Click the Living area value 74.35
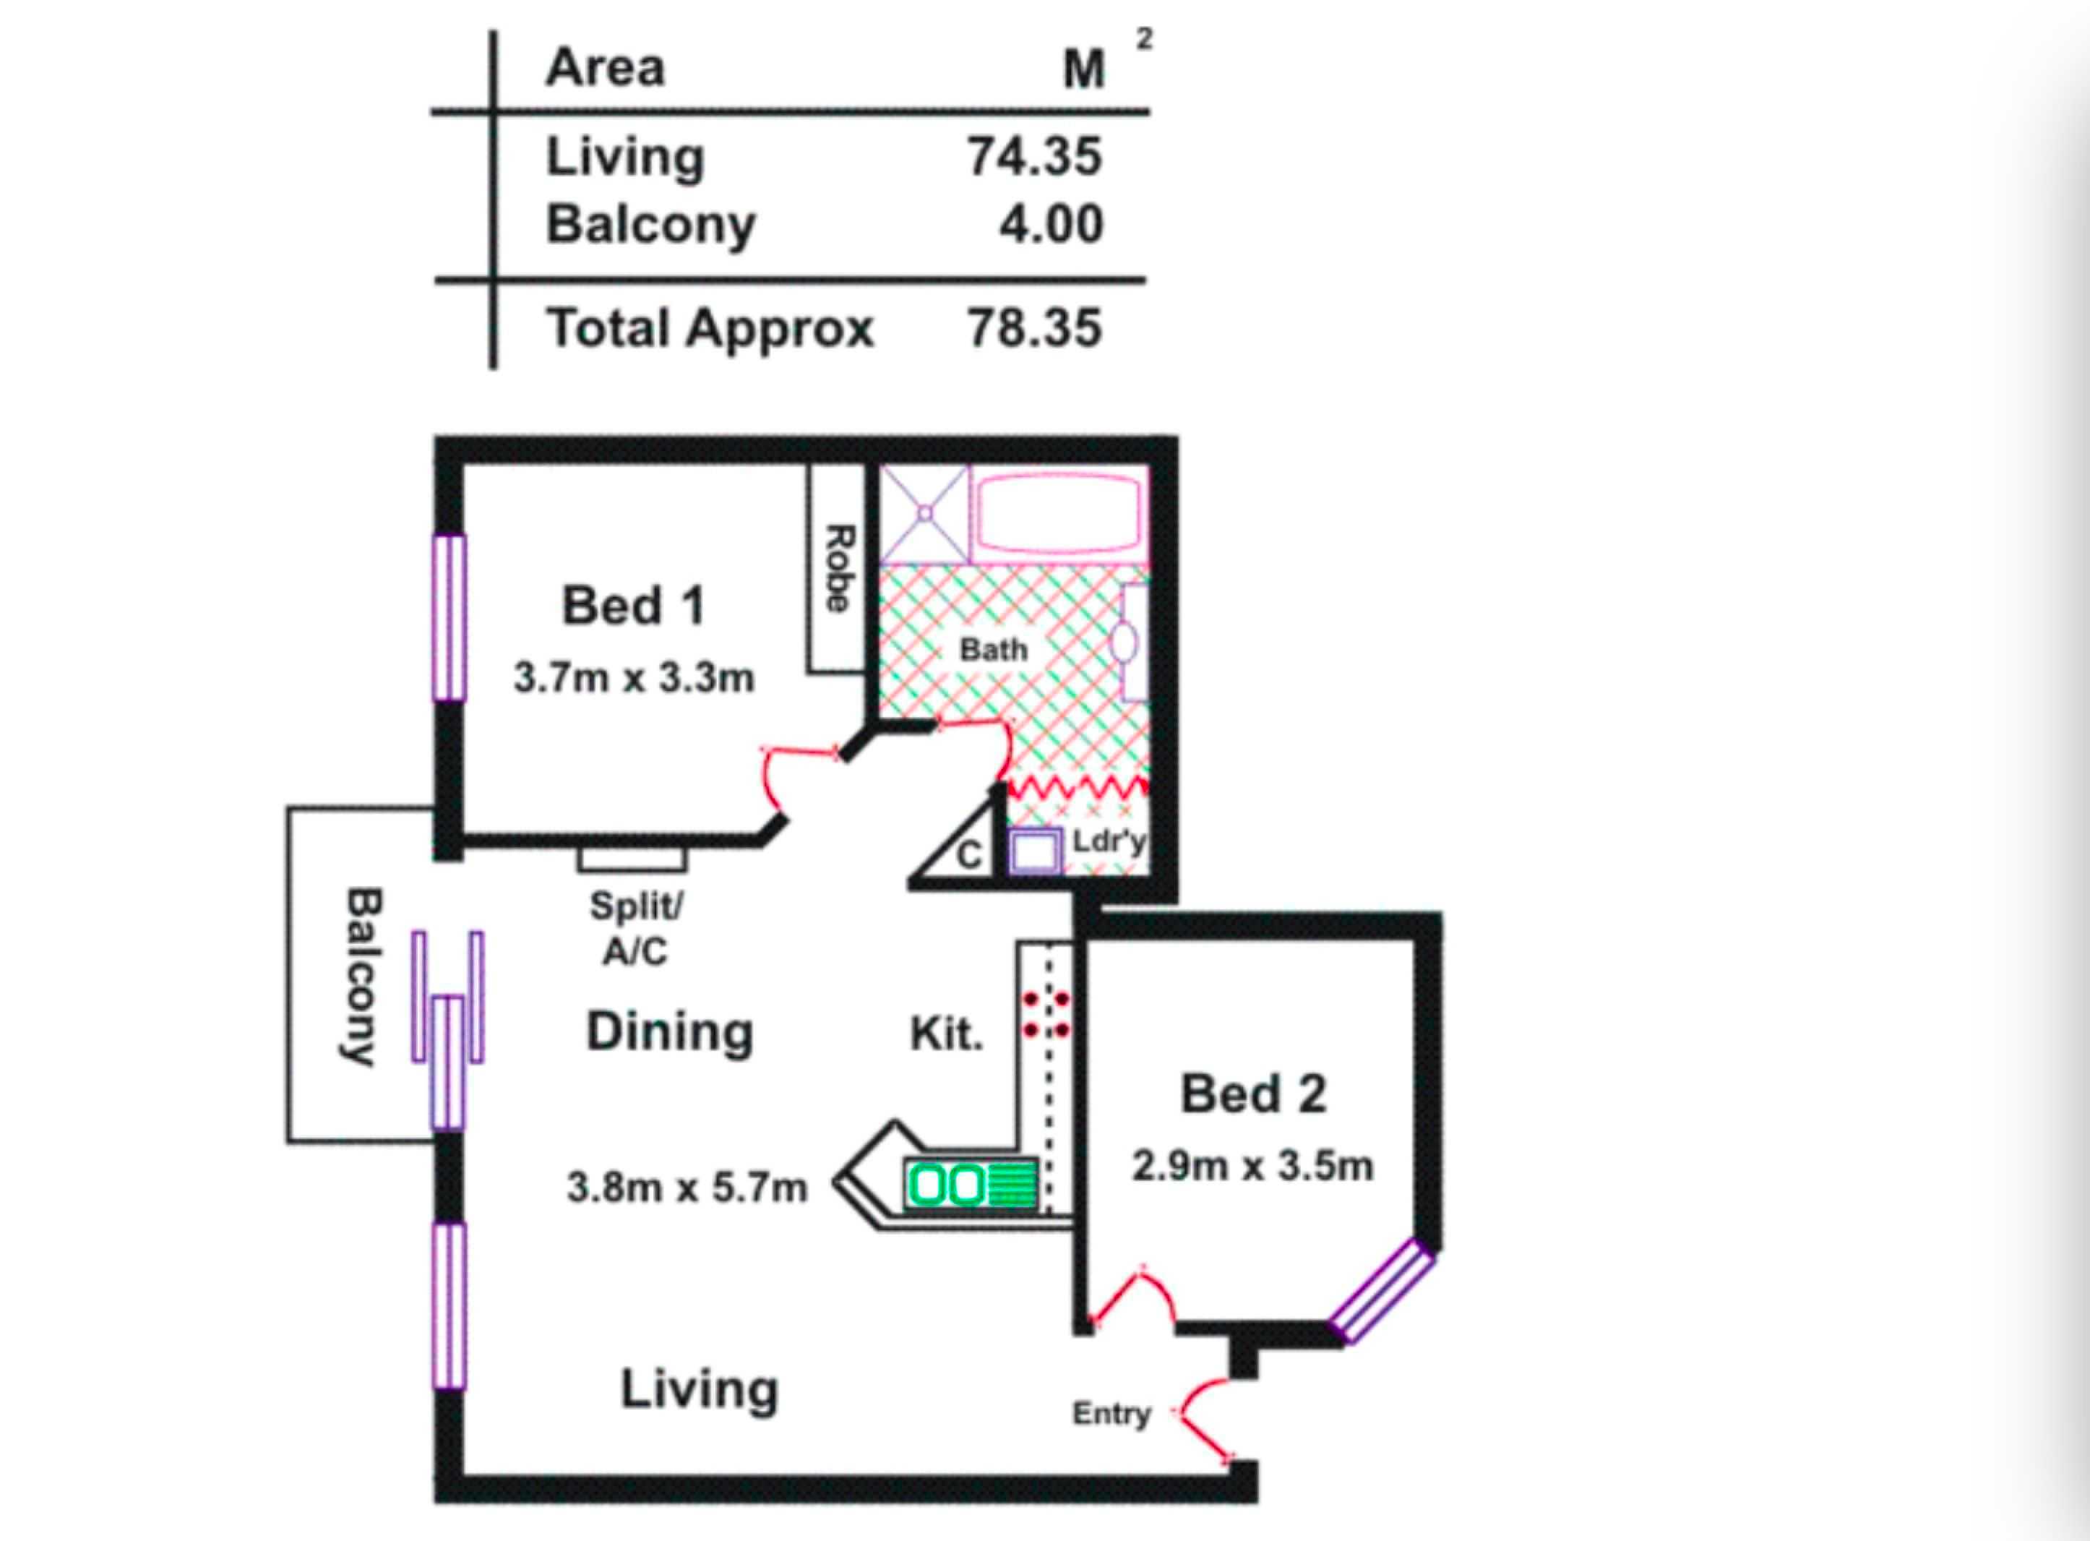tap(1034, 156)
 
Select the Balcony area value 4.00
tap(1051, 224)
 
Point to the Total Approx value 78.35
tap(1034, 328)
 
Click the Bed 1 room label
tap(633, 606)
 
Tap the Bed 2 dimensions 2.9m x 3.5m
tap(1252, 1166)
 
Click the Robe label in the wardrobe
tap(838, 568)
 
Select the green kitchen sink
tap(970, 1185)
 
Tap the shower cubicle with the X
tap(925, 514)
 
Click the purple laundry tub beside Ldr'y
tap(1034, 851)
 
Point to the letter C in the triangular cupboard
tap(969, 854)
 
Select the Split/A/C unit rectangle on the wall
tap(632, 858)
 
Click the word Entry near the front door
tap(1111, 1414)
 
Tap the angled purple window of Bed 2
tap(1381, 1292)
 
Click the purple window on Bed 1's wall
tap(449, 617)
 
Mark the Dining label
tap(670, 1033)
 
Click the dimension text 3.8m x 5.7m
tap(687, 1188)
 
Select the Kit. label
tap(947, 1034)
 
